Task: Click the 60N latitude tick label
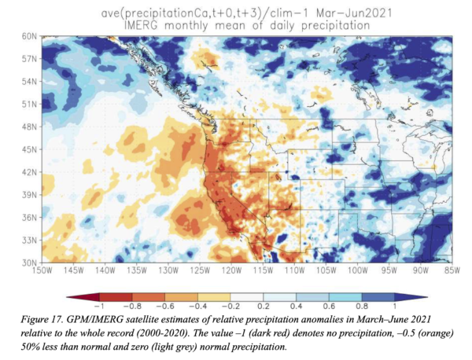(x=31, y=37)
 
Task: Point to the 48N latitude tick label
(x=31, y=126)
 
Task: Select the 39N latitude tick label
(x=31, y=193)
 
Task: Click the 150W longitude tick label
(x=44, y=270)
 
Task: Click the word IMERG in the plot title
(x=150, y=26)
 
